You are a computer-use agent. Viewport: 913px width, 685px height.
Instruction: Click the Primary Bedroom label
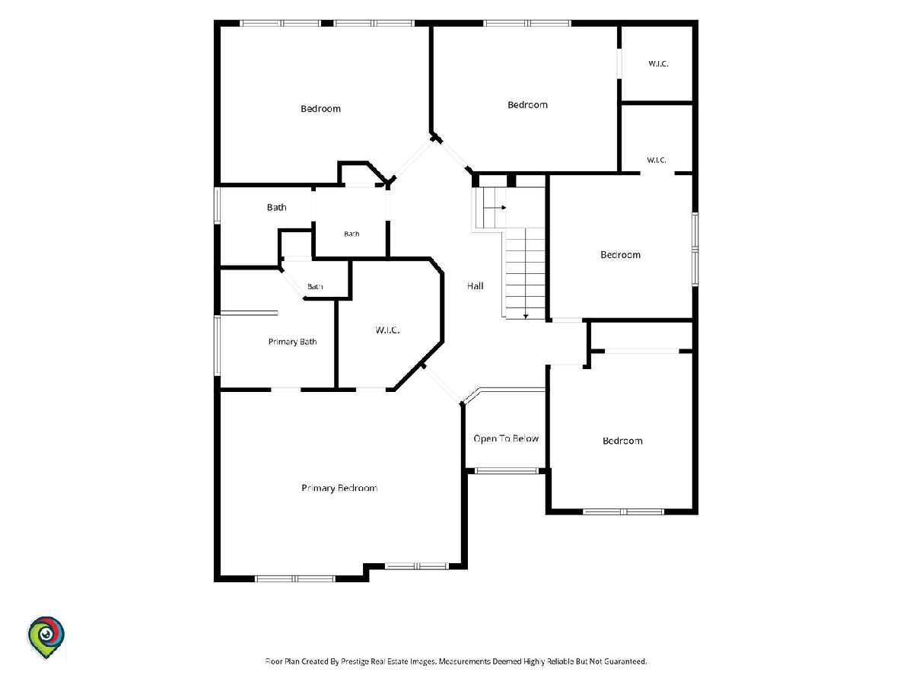[x=339, y=489]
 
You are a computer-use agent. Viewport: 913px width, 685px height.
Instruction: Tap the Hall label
[x=475, y=286]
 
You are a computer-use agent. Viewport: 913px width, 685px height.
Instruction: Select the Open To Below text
[x=506, y=438]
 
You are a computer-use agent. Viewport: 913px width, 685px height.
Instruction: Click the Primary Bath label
[x=292, y=342]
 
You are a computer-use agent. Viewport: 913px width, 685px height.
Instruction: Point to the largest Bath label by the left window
[x=277, y=207]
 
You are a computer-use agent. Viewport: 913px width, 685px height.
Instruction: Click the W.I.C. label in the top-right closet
[x=658, y=64]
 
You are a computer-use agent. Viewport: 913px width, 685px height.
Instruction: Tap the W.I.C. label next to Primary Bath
[x=387, y=330]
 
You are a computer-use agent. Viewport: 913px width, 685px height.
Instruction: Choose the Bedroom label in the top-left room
[x=321, y=109]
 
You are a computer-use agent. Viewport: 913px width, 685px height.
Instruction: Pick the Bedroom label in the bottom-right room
[x=622, y=441]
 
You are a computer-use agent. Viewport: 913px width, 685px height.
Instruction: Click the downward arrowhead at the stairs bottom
[x=525, y=317]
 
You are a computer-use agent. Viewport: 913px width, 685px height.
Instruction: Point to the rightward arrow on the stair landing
[x=495, y=208]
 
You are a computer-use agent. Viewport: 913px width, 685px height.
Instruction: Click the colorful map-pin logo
[x=46, y=638]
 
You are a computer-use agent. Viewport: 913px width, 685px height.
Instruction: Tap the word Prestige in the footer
[x=354, y=661]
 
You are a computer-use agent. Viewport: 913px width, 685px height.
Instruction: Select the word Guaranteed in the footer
[x=625, y=661]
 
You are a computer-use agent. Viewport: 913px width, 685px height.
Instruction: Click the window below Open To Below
[x=506, y=471]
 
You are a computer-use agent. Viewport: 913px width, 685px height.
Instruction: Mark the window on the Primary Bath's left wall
[x=217, y=346]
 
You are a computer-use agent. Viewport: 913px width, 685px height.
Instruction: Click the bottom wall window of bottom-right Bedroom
[x=623, y=511]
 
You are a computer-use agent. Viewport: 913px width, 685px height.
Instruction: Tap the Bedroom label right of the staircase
[x=620, y=255]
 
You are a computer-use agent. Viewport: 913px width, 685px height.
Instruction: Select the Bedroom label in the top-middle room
[x=527, y=105]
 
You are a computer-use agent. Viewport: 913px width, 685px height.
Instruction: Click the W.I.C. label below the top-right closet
[x=657, y=160]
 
